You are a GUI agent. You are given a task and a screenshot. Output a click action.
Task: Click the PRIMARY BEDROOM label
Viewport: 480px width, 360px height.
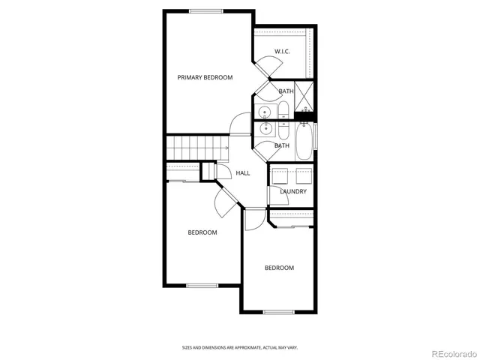click(205, 77)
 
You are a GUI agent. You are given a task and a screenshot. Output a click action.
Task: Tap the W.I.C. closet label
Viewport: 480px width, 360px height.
click(282, 52)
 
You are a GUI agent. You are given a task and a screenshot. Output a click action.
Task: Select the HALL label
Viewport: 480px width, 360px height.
click(243, 173)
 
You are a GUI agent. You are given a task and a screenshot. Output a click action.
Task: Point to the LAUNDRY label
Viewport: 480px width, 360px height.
click(293, 191)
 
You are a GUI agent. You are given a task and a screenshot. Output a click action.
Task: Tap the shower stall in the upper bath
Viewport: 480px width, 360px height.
click(305, 95)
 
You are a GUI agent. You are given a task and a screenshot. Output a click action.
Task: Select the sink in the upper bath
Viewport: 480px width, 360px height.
click(265, 113)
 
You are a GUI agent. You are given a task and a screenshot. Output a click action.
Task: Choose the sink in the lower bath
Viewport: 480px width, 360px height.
click(265, 128)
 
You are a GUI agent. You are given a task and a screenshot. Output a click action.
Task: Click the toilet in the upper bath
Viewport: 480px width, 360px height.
click(284, 112)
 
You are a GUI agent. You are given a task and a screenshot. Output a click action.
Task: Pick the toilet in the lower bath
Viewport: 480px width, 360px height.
click(284, 128)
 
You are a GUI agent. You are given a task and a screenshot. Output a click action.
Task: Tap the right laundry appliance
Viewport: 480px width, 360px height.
click(303, 176)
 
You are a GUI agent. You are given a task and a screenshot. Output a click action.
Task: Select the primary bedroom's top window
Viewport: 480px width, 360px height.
click(206, 10)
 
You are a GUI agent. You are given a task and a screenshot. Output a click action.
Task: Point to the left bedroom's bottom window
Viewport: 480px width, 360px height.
click(202, 285)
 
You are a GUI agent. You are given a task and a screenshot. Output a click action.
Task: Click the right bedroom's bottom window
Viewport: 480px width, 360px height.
click(277, 311)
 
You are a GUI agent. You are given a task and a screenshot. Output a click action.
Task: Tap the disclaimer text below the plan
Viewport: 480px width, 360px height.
click(239, 347)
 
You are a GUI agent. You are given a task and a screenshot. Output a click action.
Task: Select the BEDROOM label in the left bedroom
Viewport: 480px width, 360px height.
click(202, 232)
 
